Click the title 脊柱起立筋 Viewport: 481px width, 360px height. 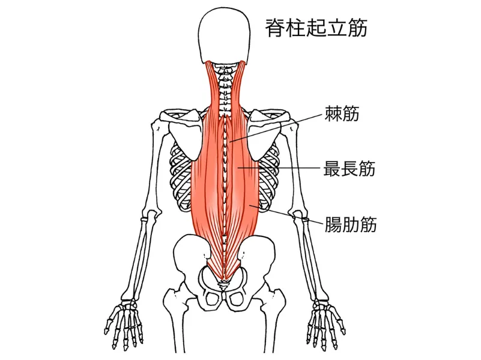tap(316, 28)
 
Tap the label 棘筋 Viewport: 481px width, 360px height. tap(342, 113)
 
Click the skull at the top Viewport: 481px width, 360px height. tap(225, 37)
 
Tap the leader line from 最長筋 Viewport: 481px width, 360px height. tap(279, 168)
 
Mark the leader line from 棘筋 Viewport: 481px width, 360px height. tap(276, 128)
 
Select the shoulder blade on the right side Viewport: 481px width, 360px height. tap(264, 135)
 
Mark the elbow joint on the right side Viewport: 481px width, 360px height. tap(300, 214)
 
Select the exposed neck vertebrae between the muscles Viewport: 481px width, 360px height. tap(226, 89)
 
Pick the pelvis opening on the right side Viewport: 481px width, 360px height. tap(237, 298)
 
